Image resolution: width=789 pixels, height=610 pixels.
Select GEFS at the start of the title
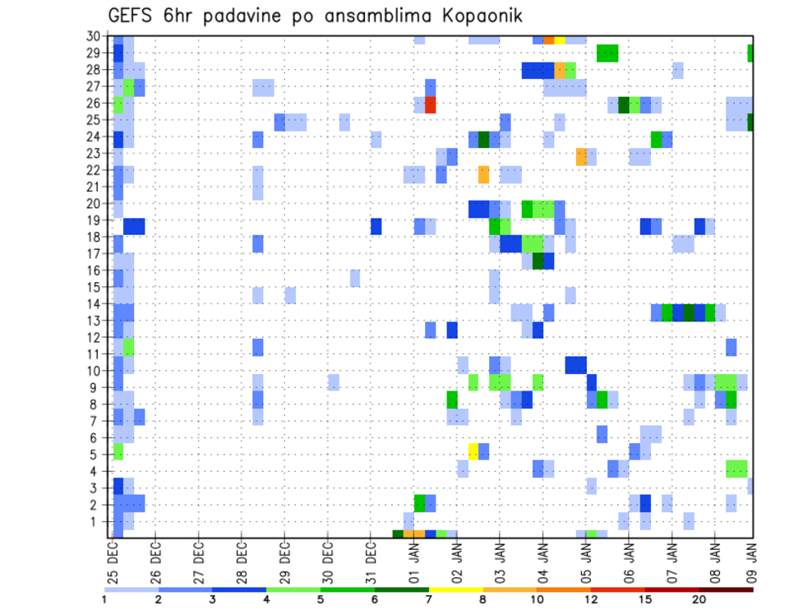pos(133,16)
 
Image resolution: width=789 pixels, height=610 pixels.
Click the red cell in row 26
pos(430,105)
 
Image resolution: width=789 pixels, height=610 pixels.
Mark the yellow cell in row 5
pos(473,451)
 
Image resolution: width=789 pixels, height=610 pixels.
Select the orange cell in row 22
pos(483,173)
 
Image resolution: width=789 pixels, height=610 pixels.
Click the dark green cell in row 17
pos(538,261)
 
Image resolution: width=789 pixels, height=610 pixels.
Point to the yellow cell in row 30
pos(559,39)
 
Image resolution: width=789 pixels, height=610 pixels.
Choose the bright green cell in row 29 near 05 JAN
pos(607,53)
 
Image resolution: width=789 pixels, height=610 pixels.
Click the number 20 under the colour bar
pos(699,599)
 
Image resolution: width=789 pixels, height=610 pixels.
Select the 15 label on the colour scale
pos(645,599)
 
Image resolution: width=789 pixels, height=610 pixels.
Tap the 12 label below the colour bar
pos(590,599)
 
